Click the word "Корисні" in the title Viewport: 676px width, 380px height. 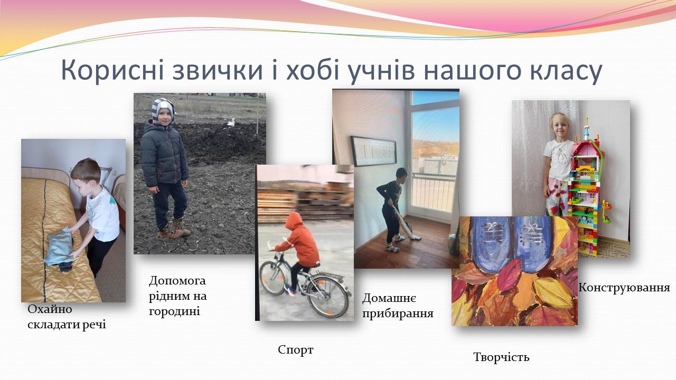click(x=112, y=70)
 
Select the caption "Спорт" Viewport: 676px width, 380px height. click(x=295, y=350)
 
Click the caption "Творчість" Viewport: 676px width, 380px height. click(x=501, y=357)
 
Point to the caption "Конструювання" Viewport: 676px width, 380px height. click(x=624, y=288)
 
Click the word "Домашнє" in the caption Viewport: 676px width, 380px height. click(x=389, y=298)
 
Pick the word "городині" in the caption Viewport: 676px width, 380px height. click(x=174, y=311)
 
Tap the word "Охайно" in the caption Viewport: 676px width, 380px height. click(x=50, y=309)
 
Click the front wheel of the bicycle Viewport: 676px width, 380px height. click(x=272, y=278)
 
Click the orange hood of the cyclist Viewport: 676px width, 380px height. click(x=294, y=221)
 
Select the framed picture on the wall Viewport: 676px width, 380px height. click(x=373, y=151)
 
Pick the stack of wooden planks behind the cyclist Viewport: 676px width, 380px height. click(x=305, y=200)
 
